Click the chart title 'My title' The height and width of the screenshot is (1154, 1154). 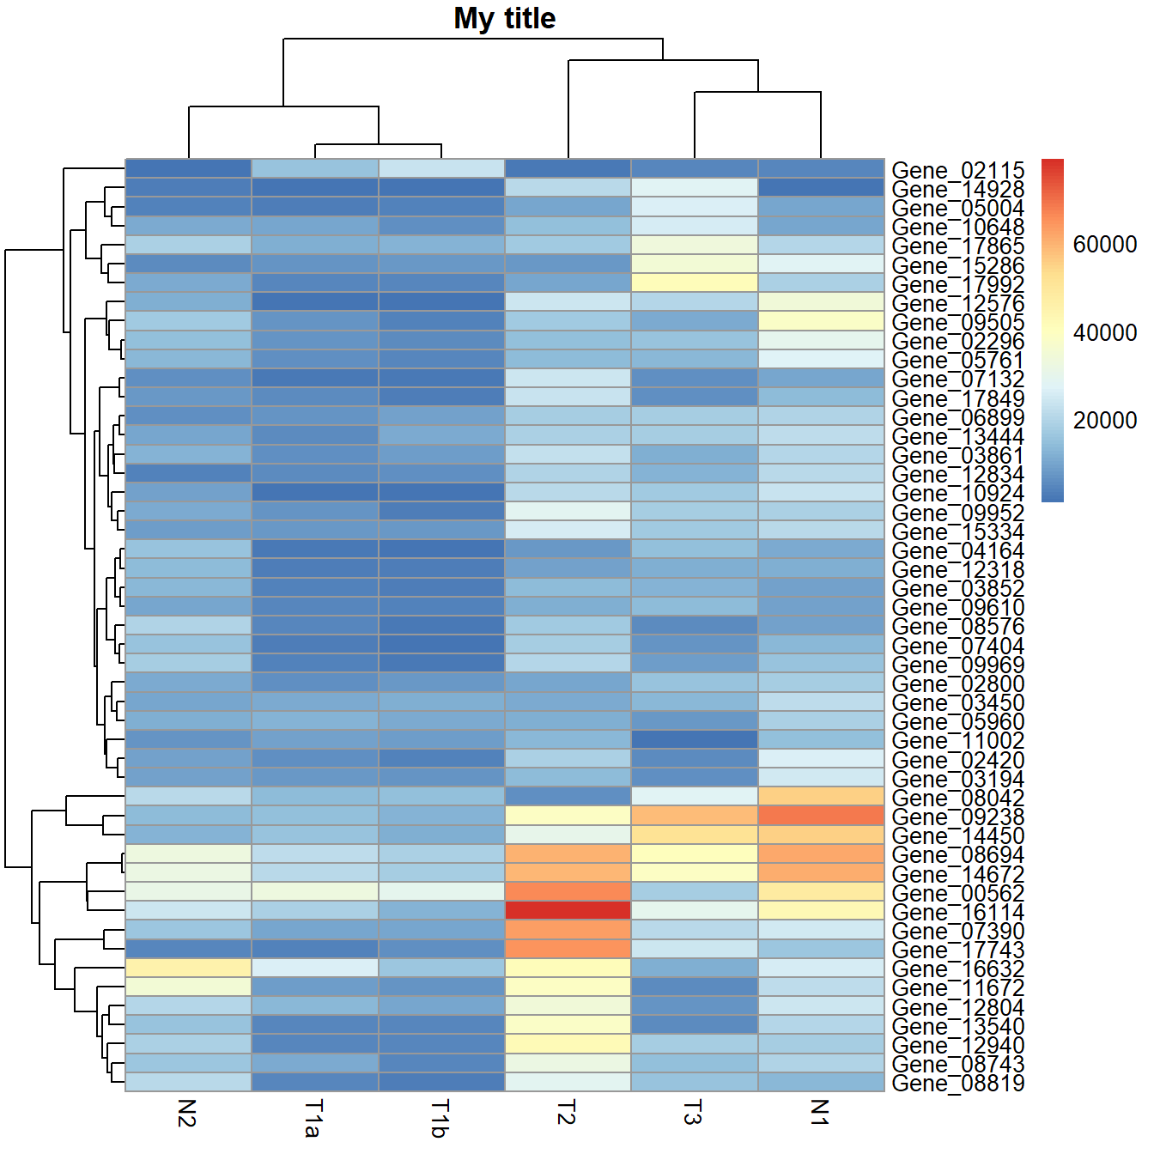505,19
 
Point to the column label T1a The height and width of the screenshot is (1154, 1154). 313,1118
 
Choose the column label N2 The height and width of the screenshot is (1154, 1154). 187,1113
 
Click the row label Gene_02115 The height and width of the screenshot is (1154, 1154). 957,170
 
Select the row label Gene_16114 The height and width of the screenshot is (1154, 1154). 957,912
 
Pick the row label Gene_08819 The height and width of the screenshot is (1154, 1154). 957,1083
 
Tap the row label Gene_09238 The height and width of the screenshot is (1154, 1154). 957,817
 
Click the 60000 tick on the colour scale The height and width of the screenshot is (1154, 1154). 1104,245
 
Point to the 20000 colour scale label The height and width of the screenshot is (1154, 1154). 1104,420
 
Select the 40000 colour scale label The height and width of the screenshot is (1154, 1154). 1104,332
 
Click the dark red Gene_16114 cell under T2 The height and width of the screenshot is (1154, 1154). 568,910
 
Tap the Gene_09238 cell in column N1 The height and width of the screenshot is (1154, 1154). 821,815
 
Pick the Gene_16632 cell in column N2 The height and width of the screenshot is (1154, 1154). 188,968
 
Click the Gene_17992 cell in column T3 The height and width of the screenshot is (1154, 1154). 694,282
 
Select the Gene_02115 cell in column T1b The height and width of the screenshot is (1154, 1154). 441,168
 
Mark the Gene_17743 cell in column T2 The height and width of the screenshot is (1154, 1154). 568,949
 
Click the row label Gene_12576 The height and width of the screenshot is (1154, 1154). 957,303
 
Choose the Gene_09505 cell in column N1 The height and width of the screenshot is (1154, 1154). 821,321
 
